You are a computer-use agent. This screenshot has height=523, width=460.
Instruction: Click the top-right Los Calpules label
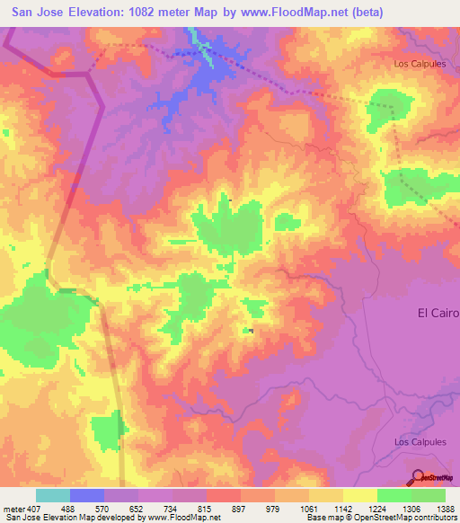point(420,63)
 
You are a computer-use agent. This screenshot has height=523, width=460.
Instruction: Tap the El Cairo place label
point(438,313)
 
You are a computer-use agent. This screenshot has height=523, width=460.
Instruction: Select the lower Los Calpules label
point(420,442)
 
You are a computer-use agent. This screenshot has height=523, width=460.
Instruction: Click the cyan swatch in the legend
point(53,495)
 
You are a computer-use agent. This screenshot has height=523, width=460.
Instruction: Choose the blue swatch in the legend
point(87,495)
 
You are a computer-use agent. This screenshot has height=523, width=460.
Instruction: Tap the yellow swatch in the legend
point(359,495)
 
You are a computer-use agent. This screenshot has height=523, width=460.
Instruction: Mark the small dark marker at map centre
point(251,332)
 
